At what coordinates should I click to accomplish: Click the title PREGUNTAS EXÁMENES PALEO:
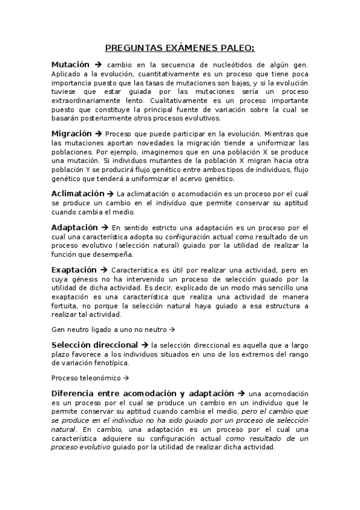pyautogui.click(x=180, y=48)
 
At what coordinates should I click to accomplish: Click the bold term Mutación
pyautogui.click(x=70, y=64)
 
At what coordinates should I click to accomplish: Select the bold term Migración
pyautogui.click(x=72, y=134)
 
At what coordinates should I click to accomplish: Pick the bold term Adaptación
pyautogui.click(x=75, y=227)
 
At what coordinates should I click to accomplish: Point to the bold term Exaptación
pyautogui.click(x=74, y=269)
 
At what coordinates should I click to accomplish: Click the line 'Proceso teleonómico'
pyautogui.click(x=87, y=378)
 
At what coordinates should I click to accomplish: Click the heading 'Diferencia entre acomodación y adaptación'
pyautogui.click(x=143, y=393)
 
